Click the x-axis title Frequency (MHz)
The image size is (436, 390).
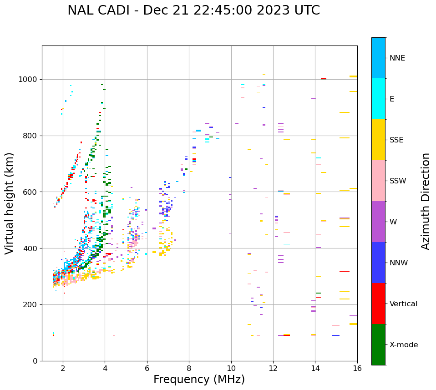[199, 380]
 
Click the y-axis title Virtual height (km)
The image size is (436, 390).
[10, 203]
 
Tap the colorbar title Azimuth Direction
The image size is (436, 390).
[426, 201]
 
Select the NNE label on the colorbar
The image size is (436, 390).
[397, 58]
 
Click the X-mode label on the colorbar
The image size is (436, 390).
[403, 345]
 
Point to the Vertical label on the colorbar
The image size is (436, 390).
[403, 304]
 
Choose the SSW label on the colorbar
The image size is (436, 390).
[398, 181]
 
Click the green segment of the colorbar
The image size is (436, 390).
[378, 344]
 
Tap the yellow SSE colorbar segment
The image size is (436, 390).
[378, 140]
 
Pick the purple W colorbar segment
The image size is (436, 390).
[378, 222]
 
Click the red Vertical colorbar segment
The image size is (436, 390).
[378, 304]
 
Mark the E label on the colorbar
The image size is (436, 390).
[392, 99]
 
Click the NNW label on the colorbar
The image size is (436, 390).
[399, 263]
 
